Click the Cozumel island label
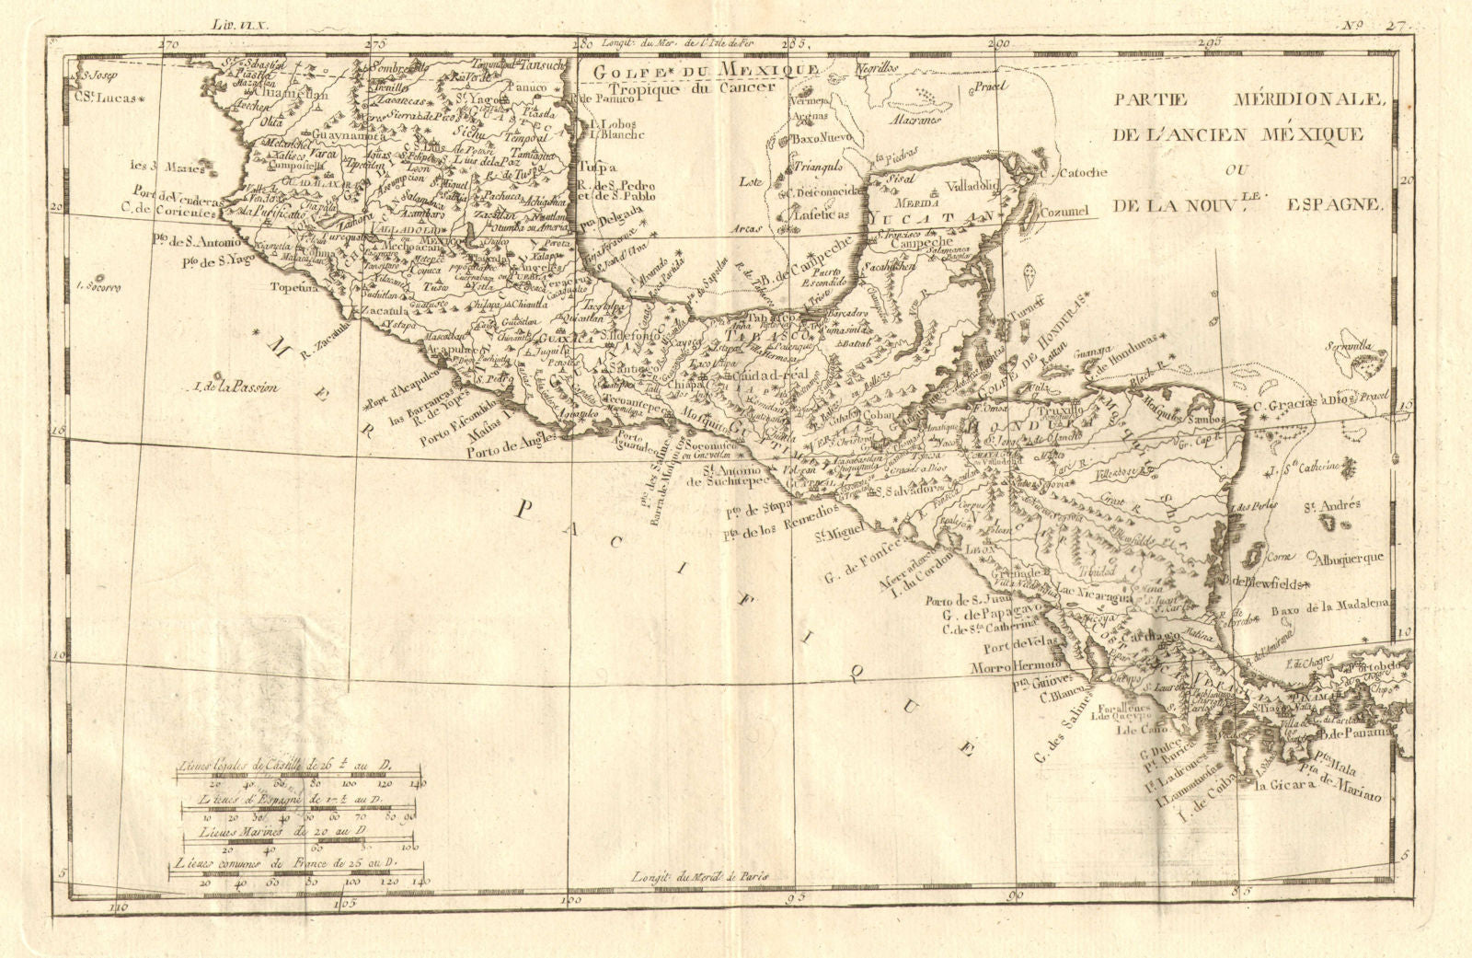pyautogui.click(x=1064, y=212)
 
